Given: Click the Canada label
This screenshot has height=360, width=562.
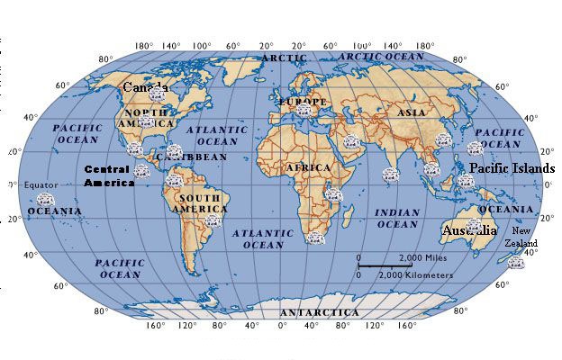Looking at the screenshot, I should (144, 87).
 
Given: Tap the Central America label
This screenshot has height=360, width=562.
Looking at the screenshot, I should (109, 175).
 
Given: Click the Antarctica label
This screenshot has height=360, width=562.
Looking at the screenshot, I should (319, 312).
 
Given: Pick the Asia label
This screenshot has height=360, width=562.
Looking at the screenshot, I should (412, 112).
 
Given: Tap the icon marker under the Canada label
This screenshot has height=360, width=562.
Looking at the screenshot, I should (157, 93).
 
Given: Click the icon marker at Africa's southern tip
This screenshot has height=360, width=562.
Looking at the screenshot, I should (314, 238).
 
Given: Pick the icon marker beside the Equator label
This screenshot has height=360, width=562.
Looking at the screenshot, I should (45, 199).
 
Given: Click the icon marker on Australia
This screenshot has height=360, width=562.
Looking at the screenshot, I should (474, 225).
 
